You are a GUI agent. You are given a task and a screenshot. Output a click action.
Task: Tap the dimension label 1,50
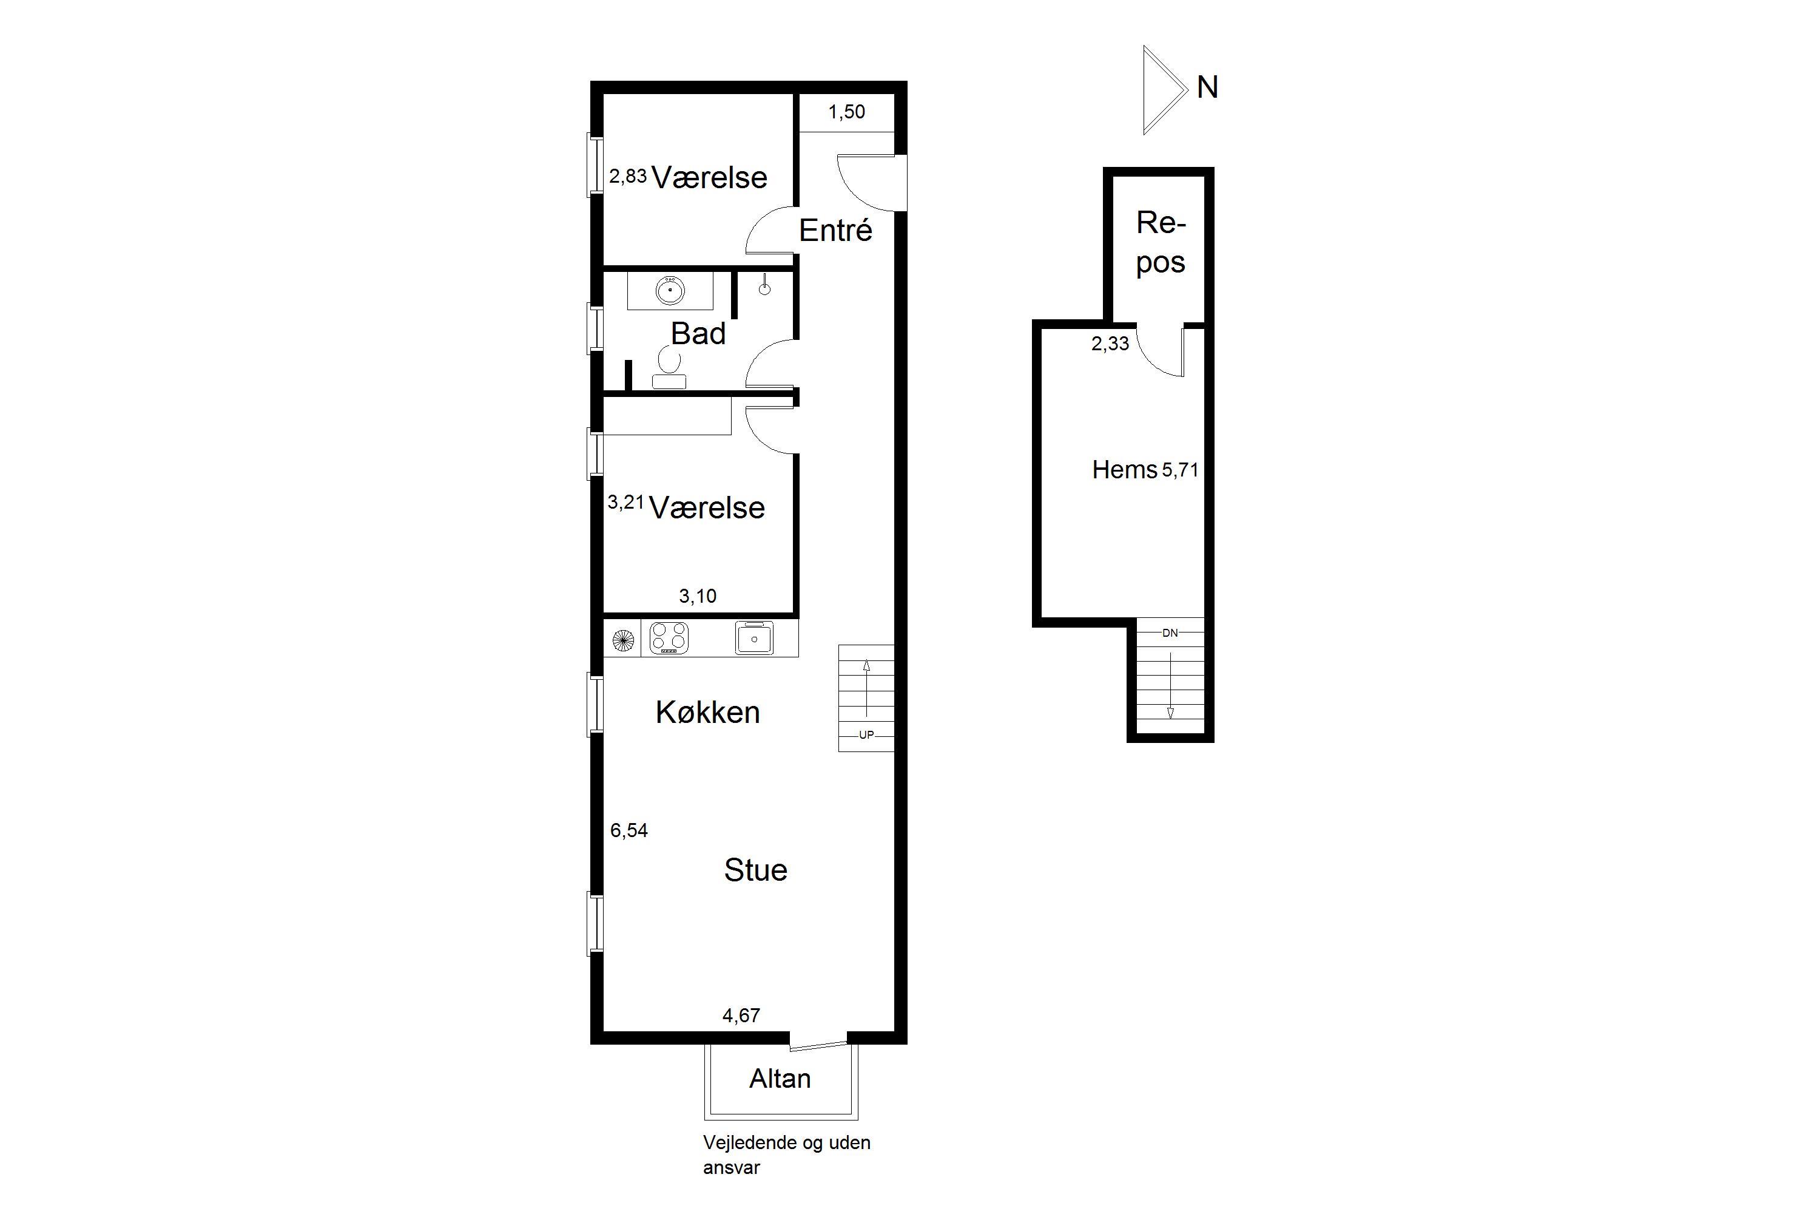(x=846, y=112)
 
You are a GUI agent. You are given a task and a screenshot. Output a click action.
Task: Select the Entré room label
(x=836, y=230)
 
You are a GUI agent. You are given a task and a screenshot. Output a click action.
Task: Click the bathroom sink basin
(x=670, y=290)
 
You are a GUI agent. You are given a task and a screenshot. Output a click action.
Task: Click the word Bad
(x=698, y=334)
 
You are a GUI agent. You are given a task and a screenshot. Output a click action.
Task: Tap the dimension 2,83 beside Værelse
(x=627, y=177)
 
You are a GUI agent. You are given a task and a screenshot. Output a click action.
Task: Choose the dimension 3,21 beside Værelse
(x=626, y=503)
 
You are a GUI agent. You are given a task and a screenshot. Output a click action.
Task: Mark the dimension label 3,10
(x=698, y=596)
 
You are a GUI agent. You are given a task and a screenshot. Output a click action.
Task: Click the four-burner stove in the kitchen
(x=669, y=639)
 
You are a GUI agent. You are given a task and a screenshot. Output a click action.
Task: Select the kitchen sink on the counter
(x=753, y=639)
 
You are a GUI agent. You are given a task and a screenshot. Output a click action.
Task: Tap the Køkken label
(x=708, y=712)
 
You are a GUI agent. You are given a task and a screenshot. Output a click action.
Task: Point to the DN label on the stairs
(x=1170, y=632)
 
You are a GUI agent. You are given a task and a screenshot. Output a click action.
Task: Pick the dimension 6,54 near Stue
(x=629, y=831)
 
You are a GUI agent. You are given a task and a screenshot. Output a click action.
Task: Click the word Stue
(x=756, y=870)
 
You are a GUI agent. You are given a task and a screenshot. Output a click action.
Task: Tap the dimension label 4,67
(x=741, y=1015)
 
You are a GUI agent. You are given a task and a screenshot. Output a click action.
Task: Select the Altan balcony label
(x=780, y=1079)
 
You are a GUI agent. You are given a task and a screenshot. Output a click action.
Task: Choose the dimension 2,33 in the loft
(x=1110, y=344)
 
